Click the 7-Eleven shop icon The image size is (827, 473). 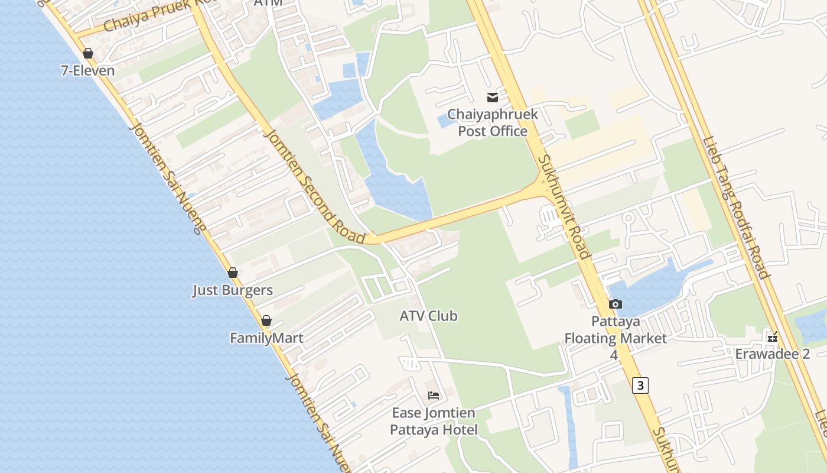point(88,53)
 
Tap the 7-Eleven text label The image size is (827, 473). point(88,71)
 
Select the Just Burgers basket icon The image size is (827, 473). point(233,273)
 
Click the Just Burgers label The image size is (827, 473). point(233,290)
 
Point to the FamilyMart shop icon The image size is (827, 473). point(266,320)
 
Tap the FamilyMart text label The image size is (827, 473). point(266,338)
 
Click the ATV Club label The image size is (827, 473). point(428,316)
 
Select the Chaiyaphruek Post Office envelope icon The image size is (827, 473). point(492,97)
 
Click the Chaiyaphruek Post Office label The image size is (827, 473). point(493,122)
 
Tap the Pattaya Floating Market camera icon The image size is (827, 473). point(615,304)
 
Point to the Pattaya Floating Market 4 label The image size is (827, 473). point(615,338)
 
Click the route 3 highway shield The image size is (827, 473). point(640,385)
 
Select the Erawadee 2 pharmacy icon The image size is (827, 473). point(772,337)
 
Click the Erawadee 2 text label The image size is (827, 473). point(772,354)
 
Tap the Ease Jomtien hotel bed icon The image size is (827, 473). point(434,395)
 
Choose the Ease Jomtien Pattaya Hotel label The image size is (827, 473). point(434,421)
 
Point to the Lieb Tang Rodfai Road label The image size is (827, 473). point(736,208)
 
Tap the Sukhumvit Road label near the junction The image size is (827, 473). point(564,206)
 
